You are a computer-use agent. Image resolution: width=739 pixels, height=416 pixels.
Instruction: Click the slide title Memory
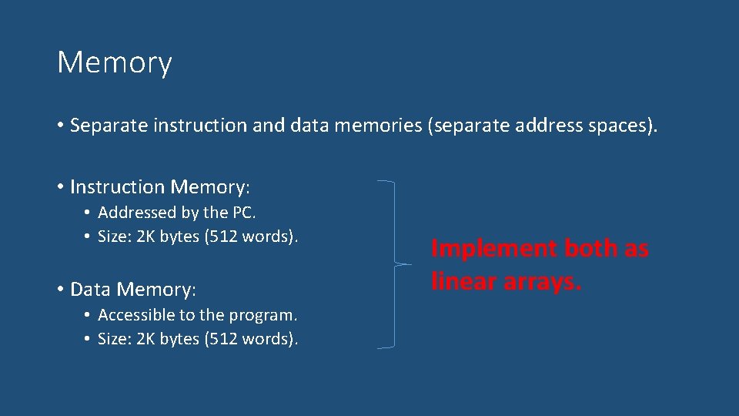pos(114,62)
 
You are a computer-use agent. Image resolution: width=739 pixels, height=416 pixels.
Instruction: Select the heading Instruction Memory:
pos(160,187)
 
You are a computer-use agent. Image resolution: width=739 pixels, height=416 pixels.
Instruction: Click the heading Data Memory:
pos(133,290)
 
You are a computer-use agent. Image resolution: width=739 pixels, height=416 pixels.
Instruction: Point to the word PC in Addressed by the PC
pos(244,213)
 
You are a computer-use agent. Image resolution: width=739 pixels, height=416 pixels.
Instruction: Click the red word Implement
pos(494,249)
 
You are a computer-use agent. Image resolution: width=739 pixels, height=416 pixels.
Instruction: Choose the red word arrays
pos(543,281)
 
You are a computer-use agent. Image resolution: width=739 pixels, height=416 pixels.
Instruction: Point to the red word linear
pos(463,281)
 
